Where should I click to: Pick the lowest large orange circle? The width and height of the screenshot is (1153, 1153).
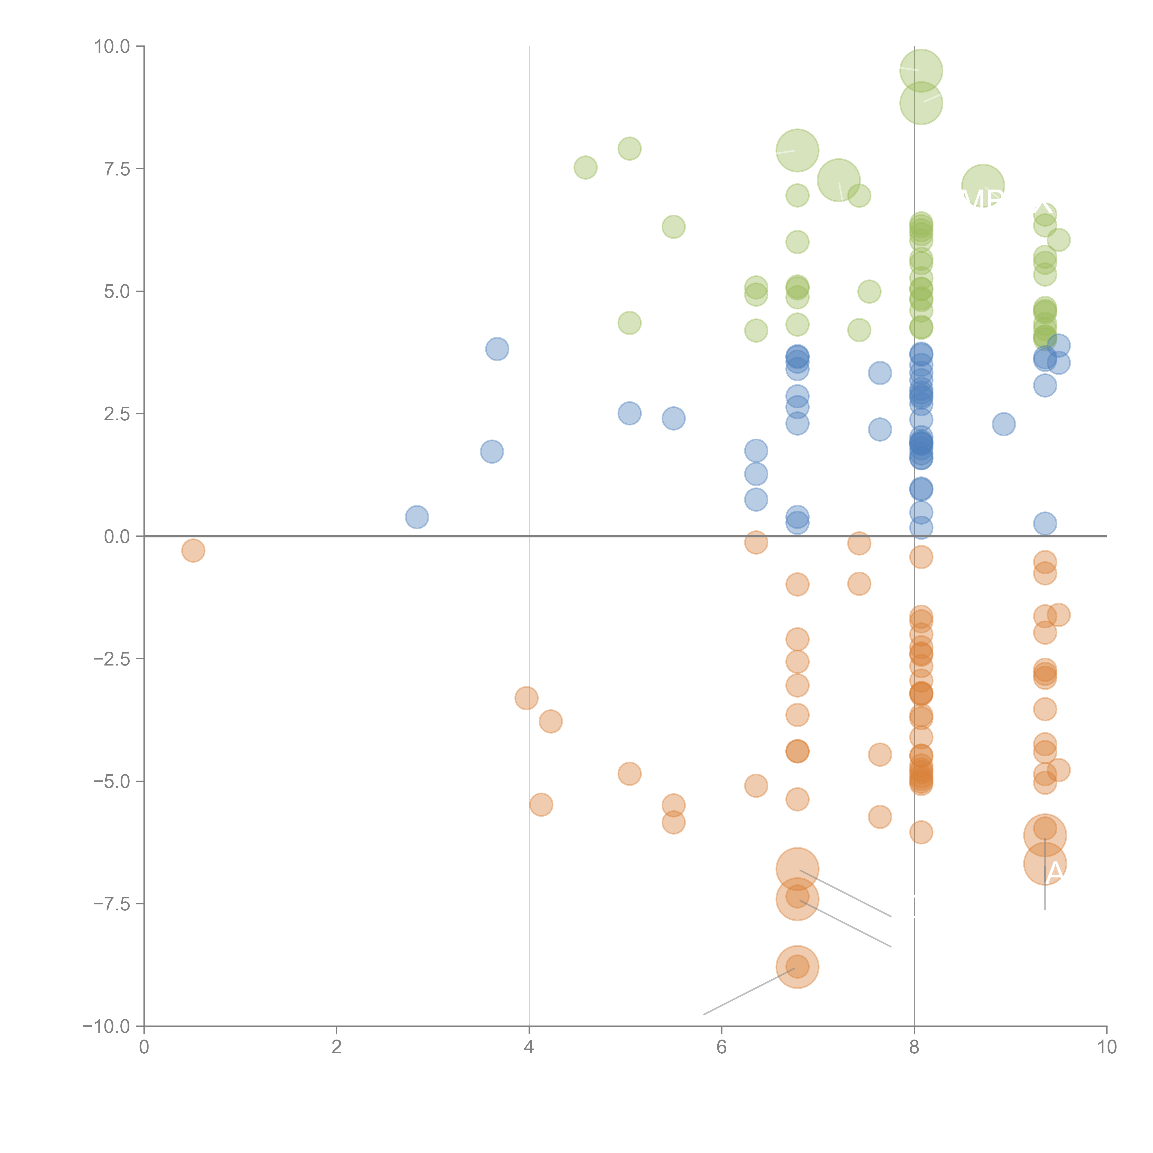797,967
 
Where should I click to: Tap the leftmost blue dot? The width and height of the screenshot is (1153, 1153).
416,517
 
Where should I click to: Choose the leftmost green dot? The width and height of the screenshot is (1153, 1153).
585,168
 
